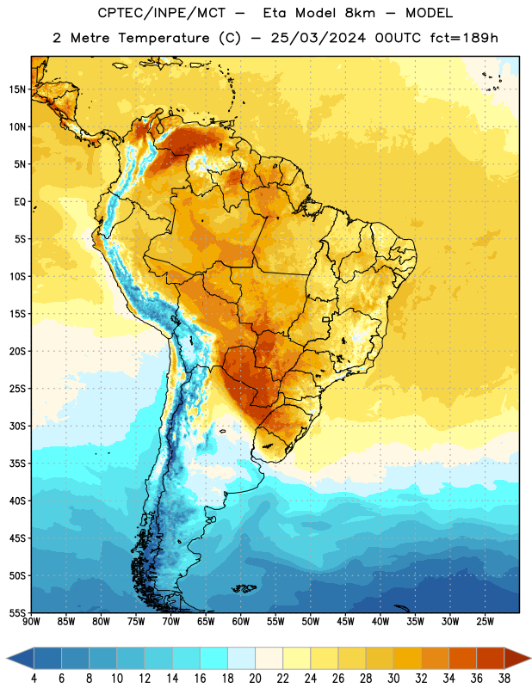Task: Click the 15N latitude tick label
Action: click(x=17, y=89)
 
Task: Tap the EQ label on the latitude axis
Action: click(x=20, y=202)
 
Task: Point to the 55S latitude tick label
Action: click(x=17, y=612)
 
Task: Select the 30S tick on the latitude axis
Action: click(x=17, y=426)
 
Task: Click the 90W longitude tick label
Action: click(x=31, y=622)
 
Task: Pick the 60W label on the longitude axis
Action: click(x=241, y=622)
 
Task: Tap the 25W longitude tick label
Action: click(x=485, y=622)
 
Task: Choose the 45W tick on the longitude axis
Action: click(x=345, y=622)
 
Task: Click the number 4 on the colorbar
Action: click(x=34, y=679)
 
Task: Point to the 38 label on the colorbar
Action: click(x=504, y=679)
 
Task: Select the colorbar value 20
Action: click(x=255, y=679)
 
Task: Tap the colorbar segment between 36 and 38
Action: click(x=491, y=659)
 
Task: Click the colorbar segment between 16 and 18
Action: click(x=214, y=659)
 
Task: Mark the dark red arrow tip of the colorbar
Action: click(x=529, y=659)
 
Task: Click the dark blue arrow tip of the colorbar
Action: click(x=8, y=659)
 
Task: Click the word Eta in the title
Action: click(x=275, y=13)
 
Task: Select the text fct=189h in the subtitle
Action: click(x=464, y=38)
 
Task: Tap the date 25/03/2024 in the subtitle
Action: click(x=318, y=38)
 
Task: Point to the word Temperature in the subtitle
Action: click(x=164, y=38)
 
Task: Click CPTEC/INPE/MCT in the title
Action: click(x=162, y=13)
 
